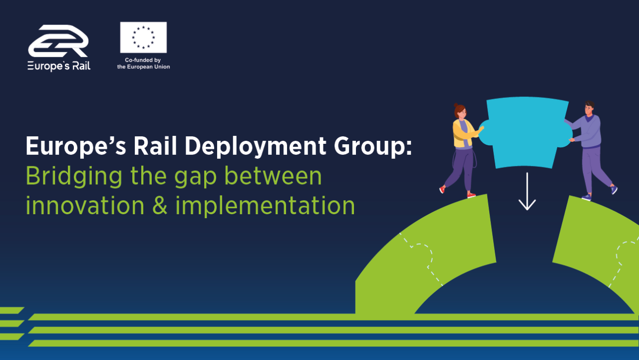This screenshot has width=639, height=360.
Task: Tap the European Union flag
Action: (143, 37)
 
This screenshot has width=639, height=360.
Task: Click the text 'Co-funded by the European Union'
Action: (143, 63)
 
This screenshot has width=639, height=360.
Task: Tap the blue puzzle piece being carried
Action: (526, 132)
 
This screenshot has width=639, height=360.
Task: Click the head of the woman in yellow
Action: (460, 111)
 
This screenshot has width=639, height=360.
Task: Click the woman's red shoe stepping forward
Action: (442, 189)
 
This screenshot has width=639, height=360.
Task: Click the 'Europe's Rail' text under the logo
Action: (59, 66)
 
